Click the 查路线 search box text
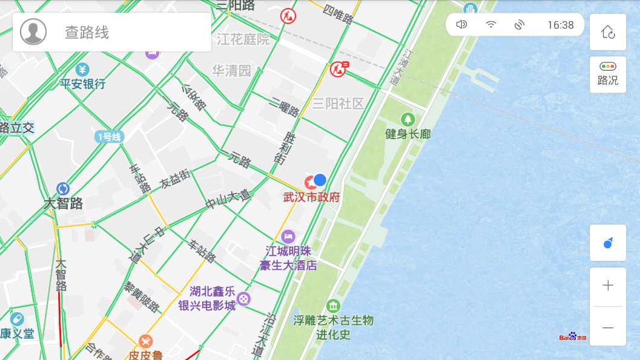coord(87,33)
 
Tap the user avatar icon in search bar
coord(33,32)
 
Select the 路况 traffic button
coord(607,74)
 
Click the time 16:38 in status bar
coord(560,25)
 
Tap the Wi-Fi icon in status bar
coord(491,25)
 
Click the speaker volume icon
coord(461,25)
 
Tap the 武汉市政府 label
coord(311,197)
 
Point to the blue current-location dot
coord(320,180)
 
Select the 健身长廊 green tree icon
coord(408,119)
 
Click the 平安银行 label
coord(83,84)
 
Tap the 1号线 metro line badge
coord(109,137)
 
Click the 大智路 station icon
coord(63,189)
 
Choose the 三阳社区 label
coord(338,104)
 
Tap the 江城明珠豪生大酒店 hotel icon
coord(288,236)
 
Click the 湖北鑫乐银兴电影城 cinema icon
coord(243,298)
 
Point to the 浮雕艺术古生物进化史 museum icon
coord(333,306)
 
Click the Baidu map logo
coord(572,336)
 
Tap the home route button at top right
coord(607,32)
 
